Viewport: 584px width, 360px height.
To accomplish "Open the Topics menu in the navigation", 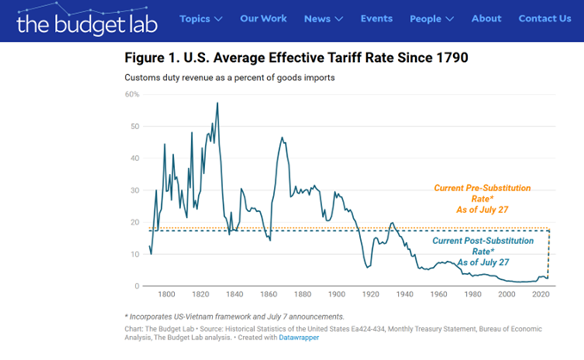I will pyautogui.click(x=201, y=18).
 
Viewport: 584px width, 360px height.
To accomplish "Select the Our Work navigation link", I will pyautogui.click(x=263, y=18).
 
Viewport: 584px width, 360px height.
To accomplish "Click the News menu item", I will pyautogui.click(x=323, y=18).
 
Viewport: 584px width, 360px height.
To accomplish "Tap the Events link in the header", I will pyautogui.click(x=376, y=18).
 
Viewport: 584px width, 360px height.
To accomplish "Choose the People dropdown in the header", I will pyautogui.click(x=432, y=18).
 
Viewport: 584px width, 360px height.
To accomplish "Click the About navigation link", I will pyautogui.click(x=487, y=18).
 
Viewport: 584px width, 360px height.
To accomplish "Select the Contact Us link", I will pyautogui.click(x=544, y=18).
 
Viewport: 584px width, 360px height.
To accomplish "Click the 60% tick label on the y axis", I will pyautogui.click(x=133, y=93).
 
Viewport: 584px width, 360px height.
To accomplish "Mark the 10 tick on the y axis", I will pyautogui.click(x=134, y=254).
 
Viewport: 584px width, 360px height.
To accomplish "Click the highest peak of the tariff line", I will pyautogui.click(x=217, y=102).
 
